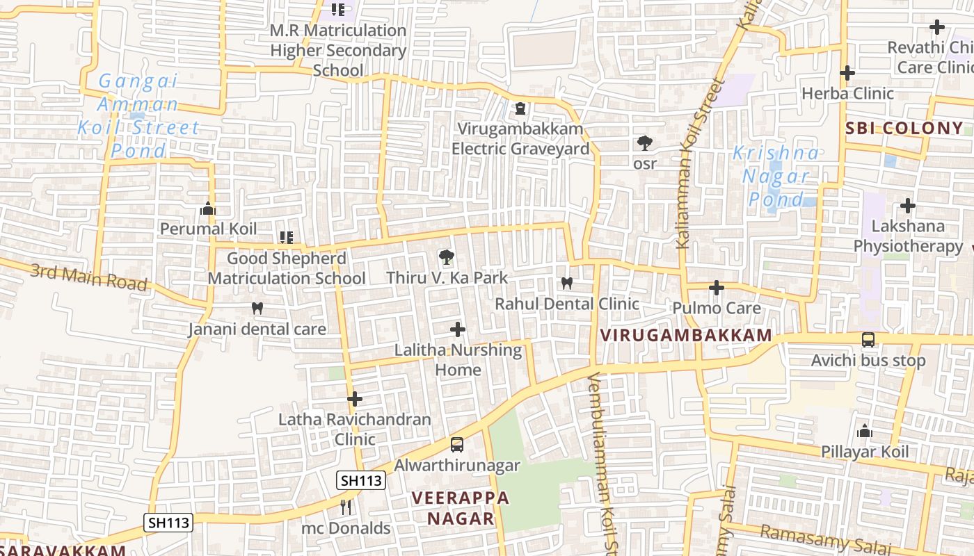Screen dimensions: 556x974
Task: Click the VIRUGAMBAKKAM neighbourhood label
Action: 686,335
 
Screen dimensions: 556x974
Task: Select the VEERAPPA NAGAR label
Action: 460,508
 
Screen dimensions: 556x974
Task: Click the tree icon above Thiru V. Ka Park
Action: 447,258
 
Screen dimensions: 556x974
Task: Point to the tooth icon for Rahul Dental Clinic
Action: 566,284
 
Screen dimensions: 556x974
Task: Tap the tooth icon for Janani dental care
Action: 257,308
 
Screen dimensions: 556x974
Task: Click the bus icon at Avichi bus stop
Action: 868,340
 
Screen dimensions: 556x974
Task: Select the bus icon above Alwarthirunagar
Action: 457,445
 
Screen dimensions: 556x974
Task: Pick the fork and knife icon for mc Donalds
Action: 346,507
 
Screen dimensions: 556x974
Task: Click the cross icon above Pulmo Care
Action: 717,288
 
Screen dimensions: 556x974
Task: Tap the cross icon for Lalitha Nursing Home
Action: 458,329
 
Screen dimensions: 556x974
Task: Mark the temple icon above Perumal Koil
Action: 207,208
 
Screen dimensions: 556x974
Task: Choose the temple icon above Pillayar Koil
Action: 865,432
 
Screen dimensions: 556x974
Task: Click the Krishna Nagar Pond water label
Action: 776,177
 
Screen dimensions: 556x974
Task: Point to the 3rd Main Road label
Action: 89,277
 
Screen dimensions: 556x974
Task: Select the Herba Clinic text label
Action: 847,93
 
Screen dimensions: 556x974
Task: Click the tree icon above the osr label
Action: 645,143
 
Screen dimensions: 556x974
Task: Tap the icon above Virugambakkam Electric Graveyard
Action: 520,109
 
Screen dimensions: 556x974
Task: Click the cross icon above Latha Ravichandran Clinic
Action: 355,399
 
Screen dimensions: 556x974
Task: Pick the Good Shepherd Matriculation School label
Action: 287,268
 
